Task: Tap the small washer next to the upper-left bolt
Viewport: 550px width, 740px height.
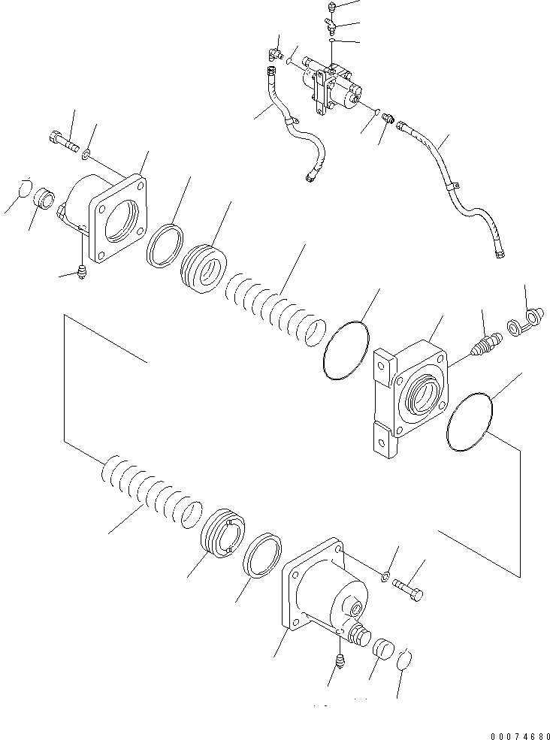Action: click(88, 155)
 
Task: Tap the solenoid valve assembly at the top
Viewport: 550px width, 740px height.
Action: click(331, 86)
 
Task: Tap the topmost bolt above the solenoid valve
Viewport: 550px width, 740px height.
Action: click(332, 8)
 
